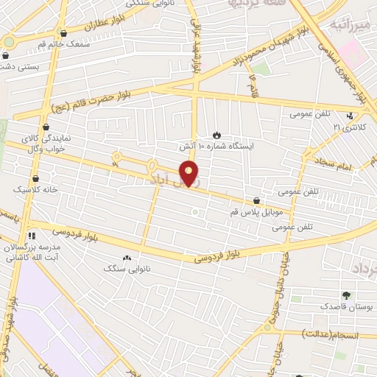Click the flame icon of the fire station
pyautogui.click(x=216, y=134)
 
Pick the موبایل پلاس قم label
pyautogui.click(x=256, y=211)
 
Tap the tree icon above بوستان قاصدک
pyautogui.click(x=346, y=295)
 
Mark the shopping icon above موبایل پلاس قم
pyautogui.click(x=256, y=200)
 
